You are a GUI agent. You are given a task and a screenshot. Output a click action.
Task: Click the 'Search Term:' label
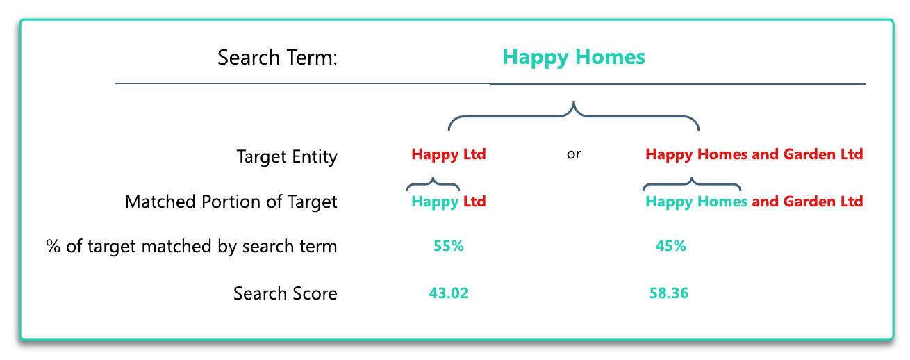pyautogui.click(x=277, y=57)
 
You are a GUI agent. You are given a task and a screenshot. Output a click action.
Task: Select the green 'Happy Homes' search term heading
pyautogui.click(x=574, y=57)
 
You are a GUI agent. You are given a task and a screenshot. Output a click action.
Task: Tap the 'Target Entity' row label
pyautogui.click(x=287, y=157)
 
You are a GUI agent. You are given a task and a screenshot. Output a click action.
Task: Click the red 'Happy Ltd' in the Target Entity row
pyautogui.click(x=449, y=154)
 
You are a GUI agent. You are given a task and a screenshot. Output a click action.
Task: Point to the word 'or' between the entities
pyautogui.click(x=574, y=154)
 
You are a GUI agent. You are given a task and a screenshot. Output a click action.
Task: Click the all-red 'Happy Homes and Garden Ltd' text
pyautogui.click(x=754, y=154)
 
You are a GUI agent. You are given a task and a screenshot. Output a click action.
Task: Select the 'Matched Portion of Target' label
pyautogui.click(x=231, y=202)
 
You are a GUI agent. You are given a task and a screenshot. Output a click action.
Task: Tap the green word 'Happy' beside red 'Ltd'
pyautogui.click(x=435, y=202)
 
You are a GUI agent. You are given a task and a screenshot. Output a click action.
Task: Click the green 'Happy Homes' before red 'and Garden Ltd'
pyautogui.click(x=696, y=202)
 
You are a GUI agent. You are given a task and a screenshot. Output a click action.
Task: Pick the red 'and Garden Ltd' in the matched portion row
pyautogui.click(x=807, y=202)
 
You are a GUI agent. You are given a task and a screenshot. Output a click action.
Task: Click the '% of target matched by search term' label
pyautogui.click(x=191, y=247)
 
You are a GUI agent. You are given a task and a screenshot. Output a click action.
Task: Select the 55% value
pyautogui.click(x=449, y=246)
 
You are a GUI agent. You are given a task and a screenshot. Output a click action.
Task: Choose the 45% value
pyautogui.click(x=670, y=246)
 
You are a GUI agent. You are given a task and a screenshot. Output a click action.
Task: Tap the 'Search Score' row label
pyautogui.click(x=286, y=293)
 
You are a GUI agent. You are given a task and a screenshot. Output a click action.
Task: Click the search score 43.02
pyautogui.click(x=449, y=293)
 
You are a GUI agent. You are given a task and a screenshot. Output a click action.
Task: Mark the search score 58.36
pyautogui.click(x=669, y=293)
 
